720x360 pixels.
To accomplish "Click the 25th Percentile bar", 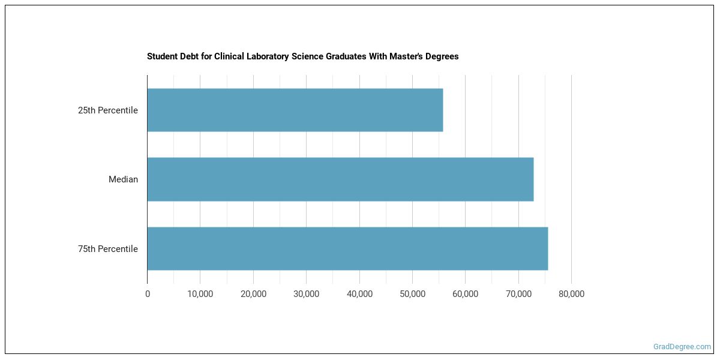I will tap(295, 110).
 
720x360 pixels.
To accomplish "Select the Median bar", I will tap(340, 179).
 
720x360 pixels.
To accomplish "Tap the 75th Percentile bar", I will tap(347, 248).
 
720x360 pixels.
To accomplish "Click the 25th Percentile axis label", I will tap(108, 110).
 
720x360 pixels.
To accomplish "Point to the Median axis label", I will tap(123, 179).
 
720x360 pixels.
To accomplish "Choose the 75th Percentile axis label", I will tap(108, 249).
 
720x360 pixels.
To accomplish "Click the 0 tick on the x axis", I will tap(148, 294).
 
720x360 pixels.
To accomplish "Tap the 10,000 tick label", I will tap(200, 294).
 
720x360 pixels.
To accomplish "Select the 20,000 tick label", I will tap(253, 294).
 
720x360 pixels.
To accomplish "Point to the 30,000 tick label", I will tap(306, 294).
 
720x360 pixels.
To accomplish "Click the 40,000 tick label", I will tap(359, 294).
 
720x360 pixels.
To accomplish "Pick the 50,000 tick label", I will tap(412, 294).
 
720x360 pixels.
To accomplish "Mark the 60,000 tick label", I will tap(465, 294).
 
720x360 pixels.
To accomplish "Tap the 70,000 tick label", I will tap(518, 294).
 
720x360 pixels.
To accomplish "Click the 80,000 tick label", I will tap(571, 294).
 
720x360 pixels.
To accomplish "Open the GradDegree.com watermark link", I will tap(682, 347).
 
